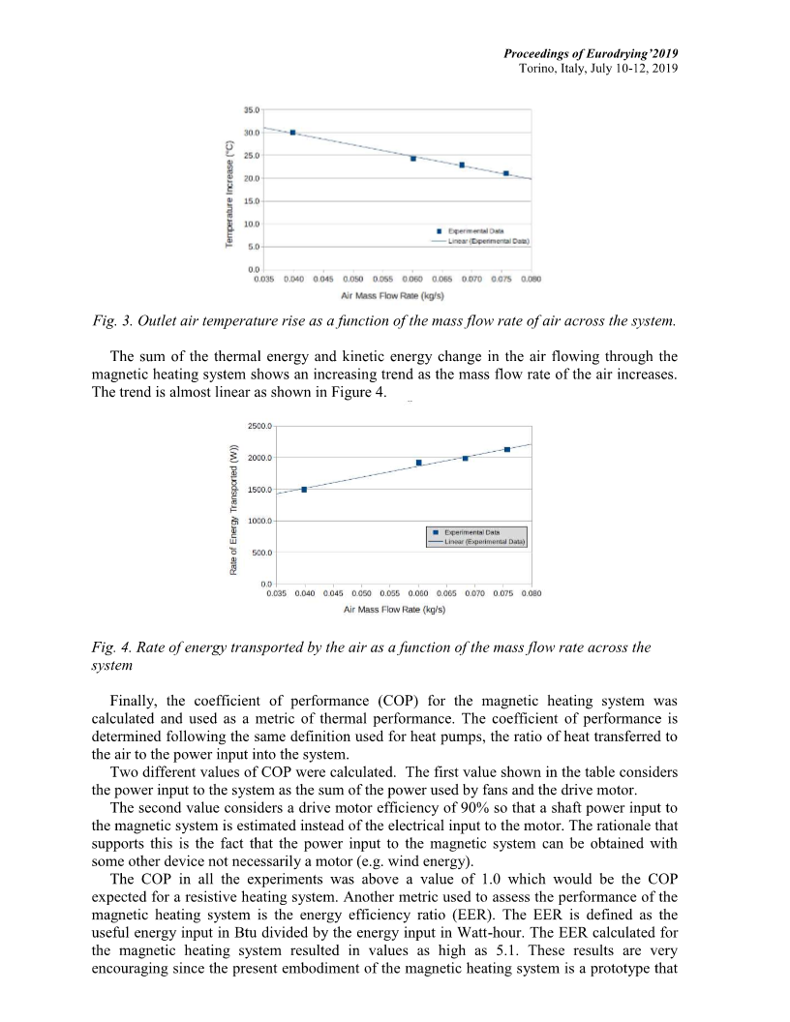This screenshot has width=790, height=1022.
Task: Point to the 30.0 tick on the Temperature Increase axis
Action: coord(250,133)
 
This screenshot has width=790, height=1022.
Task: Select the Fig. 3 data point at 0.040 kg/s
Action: coord(292,133)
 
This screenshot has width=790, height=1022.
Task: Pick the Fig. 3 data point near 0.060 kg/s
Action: coord(413,158)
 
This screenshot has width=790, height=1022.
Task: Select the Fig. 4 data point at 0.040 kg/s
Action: coord(304,490)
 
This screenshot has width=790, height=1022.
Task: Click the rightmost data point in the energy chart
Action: coord(507,449)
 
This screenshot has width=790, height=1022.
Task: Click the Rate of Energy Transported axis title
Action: coord(235,509)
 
